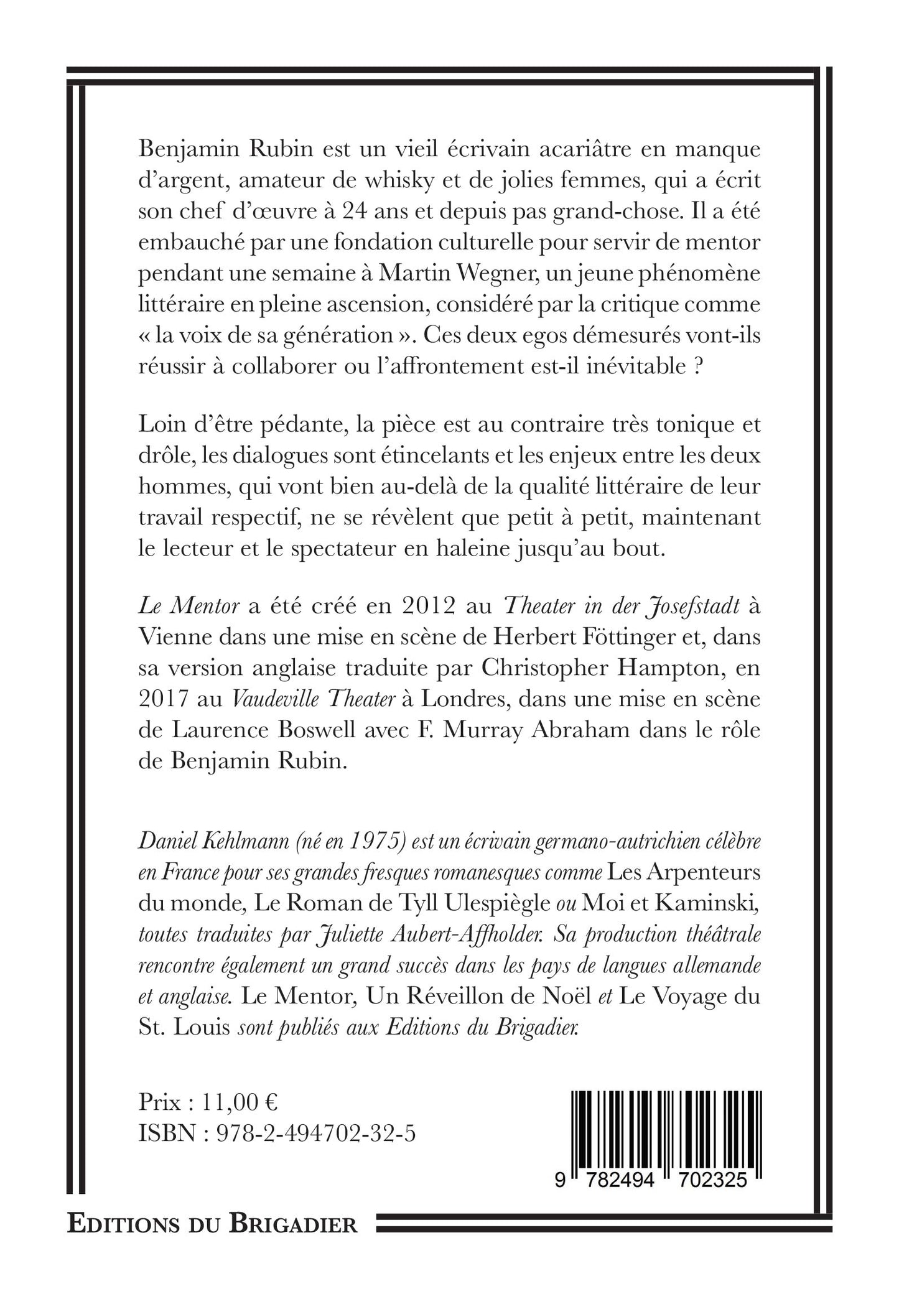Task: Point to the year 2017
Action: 162,699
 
